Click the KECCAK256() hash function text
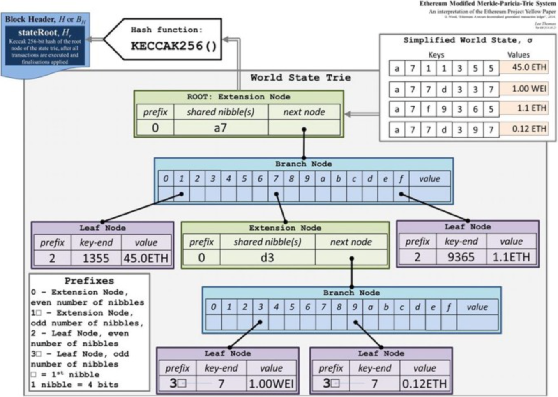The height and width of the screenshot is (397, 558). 173,46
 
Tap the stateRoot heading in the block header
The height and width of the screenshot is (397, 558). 45,33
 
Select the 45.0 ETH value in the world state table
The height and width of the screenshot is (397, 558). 529,67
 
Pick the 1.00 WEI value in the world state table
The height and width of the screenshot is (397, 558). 529,89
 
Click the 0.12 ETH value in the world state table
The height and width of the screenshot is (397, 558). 529,129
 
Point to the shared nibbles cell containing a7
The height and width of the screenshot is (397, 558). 221,128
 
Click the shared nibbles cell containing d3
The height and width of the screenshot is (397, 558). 267,258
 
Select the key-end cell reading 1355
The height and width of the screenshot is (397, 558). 96,259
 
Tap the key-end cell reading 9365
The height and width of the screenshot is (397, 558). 461,257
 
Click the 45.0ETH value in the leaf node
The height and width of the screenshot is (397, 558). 146,259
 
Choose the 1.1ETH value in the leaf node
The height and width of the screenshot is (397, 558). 511,257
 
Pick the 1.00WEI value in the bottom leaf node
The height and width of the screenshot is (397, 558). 271,384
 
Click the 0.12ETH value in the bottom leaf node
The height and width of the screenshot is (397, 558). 424,384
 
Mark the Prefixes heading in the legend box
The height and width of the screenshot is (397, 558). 89,281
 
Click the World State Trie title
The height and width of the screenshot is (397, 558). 300,78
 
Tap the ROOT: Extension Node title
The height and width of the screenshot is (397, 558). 238,97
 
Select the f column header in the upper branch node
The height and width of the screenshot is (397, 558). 401,179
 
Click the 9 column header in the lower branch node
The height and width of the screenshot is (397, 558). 354,307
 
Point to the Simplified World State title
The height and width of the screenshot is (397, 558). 467,40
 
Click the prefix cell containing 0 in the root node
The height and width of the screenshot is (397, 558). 155,128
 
